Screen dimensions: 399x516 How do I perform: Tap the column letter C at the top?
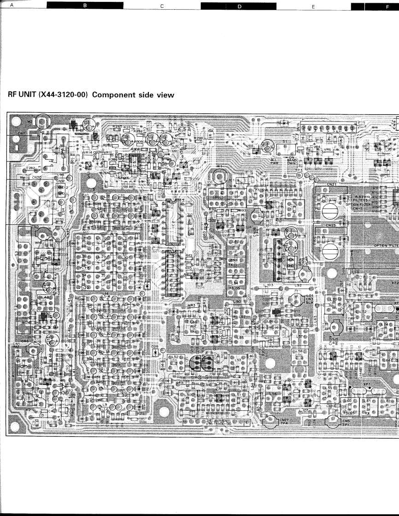[x=162, y=6]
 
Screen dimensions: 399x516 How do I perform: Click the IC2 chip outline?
[x=172, y=221]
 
